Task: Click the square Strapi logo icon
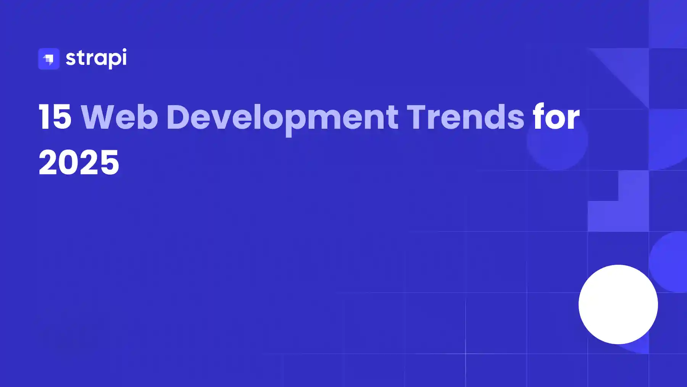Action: tap(49, 59)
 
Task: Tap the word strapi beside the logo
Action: tap(96, 58)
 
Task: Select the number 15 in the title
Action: tap(55, 117)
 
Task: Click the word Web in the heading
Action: tap(119, 117)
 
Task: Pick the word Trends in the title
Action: tap(466, 117)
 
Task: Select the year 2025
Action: tap(79, 162)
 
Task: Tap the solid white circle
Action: tap(618, 304)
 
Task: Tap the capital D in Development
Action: tap(178, 117)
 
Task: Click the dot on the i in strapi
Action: tap(123, 50)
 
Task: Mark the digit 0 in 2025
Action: tap(69, 162)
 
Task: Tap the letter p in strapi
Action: tap(109, 61)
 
